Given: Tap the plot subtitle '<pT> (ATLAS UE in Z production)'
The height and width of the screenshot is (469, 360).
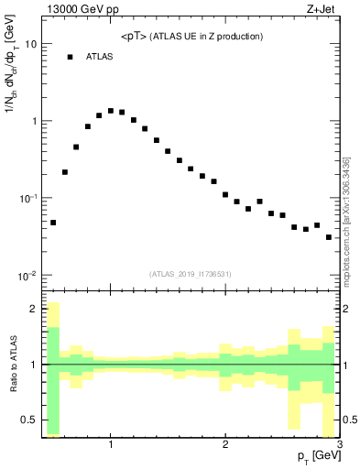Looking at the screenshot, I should coord(191,37).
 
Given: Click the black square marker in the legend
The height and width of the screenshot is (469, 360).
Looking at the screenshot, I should coord(70,57).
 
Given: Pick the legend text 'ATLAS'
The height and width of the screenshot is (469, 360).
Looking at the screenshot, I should coord(99,57).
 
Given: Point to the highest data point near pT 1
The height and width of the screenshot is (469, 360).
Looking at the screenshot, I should coord(111,111).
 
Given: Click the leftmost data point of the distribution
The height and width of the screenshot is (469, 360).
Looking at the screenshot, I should coord(53,223).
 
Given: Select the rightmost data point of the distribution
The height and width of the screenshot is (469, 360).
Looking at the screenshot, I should coord(329,237).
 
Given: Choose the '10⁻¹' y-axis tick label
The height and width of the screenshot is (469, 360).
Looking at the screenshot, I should coord(27,199).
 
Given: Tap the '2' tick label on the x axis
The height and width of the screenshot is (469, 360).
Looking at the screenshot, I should coord(225,445).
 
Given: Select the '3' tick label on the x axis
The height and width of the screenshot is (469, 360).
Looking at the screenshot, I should coord(339,445).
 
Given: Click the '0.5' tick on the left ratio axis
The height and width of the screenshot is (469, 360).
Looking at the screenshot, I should coord(28,420).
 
